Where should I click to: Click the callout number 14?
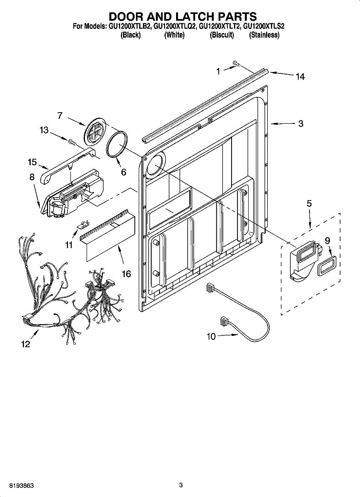(300, 77)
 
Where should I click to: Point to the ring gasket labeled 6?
(117, 145)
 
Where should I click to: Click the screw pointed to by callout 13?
(72, 142)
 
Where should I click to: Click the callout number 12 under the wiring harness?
(26, 344)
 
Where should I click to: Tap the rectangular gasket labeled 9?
(327, 265)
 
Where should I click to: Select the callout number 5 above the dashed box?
(309, 203)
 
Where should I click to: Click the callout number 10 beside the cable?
(211, 336)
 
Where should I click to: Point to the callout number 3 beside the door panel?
(301, 123)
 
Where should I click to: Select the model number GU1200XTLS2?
(263, 27)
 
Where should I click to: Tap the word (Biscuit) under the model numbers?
(222, 35)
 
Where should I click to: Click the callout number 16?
(126, 274)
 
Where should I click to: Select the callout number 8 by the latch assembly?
(32, 177)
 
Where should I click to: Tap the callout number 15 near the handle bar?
(32, 162)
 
